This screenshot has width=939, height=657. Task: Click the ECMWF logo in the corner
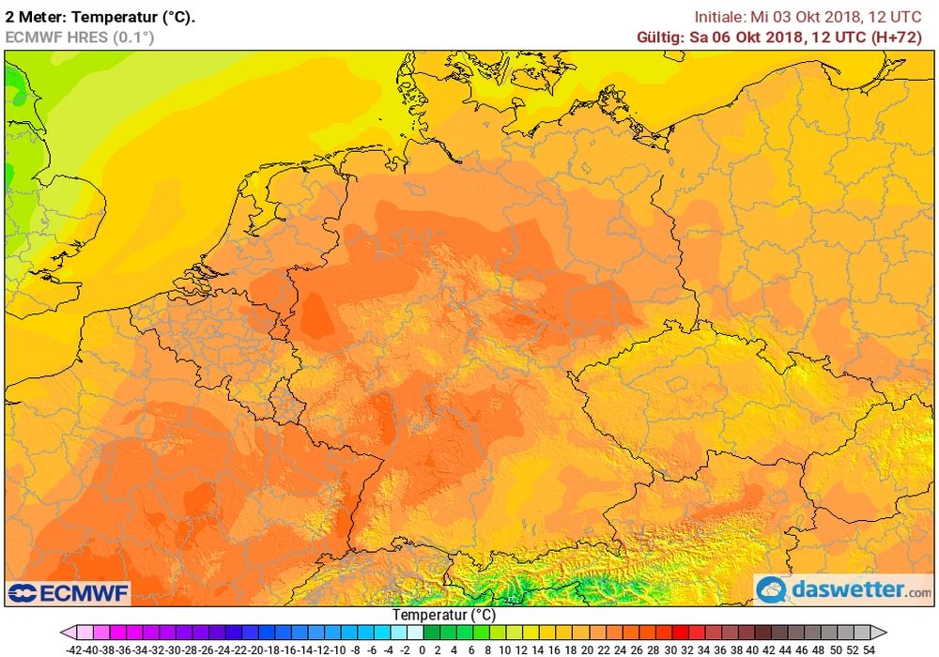pos(69,593)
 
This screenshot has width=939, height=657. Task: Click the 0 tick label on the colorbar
pos(422,649)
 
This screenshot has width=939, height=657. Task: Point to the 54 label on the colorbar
pos(869,649)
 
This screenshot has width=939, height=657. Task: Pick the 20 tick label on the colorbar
pos(588,649)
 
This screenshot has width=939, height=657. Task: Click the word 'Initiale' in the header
pos(720,16)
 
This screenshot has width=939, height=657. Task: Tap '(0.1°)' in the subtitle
pos(132,37)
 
